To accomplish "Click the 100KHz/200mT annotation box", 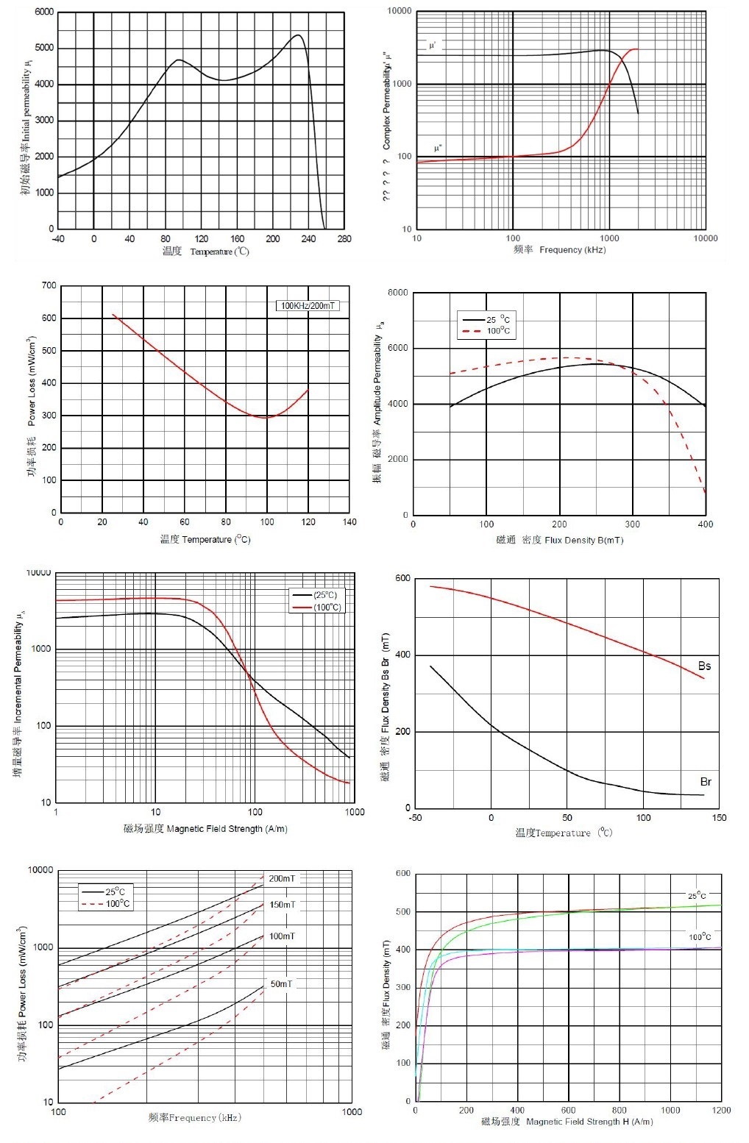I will tap(308, 305).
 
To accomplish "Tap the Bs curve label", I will tap(704, 666).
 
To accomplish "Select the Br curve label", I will tap(705, 782).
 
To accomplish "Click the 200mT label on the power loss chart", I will tap(282, 878).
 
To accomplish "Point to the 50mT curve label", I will tap(281, 983).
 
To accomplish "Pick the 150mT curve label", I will tap(282, 905).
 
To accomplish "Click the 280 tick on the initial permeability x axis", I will tap(344, 238).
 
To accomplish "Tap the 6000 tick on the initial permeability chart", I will tap(44, 13).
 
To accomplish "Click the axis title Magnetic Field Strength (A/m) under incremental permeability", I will tap(205, 829).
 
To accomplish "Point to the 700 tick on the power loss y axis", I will tap(49, 285).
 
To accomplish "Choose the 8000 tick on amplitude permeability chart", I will tap(397, 293).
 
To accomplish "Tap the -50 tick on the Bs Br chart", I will tap(415, 817).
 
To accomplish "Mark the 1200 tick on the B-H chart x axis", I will tap(721, 1110).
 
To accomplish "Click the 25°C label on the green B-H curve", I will tap(697, 895).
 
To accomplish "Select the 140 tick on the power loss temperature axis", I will tap(349, 522).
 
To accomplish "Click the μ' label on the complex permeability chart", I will tap(433, 46).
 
